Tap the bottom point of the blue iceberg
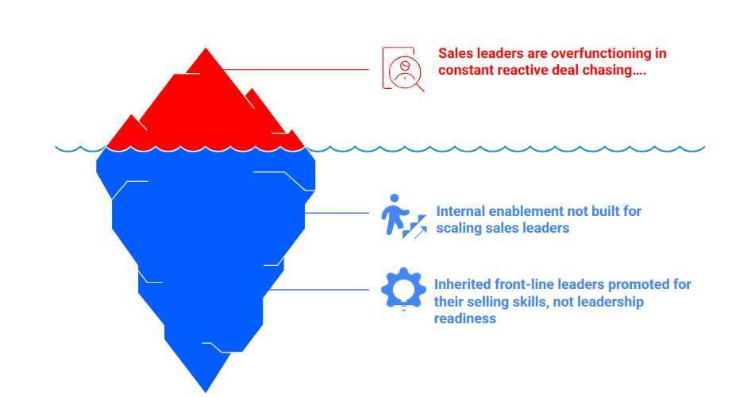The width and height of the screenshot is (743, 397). coord(206,389)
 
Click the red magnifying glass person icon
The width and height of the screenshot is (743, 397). coord(403,69)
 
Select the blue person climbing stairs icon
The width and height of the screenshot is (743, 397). coord(402,215)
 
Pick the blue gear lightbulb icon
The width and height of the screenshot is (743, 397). coord(403,290)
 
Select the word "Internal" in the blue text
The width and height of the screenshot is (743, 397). coord(459,211)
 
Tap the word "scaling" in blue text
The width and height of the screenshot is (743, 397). coord(460,228)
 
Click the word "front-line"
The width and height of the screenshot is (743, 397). coord(521,284)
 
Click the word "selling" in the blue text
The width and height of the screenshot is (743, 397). coord(494,302)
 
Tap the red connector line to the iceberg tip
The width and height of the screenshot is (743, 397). coord(294,69)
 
